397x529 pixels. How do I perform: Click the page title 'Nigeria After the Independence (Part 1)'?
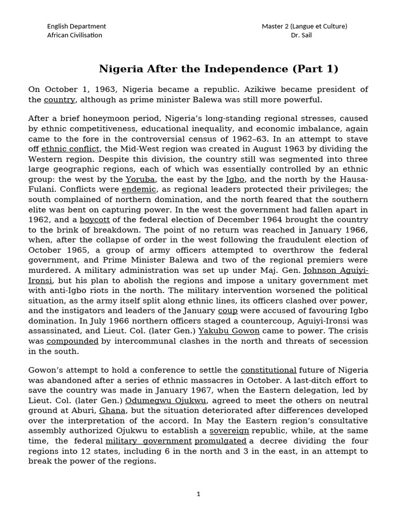(219, 69)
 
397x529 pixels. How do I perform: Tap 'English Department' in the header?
(77, 26)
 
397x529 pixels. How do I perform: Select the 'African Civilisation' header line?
(74, 35)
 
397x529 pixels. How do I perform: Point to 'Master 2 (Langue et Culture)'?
(304, 26)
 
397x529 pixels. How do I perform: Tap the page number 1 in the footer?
(198, 494)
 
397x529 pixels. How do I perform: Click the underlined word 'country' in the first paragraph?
(59, 100)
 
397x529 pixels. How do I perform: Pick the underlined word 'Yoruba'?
(140, 179)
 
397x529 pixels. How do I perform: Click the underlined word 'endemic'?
(139, 189)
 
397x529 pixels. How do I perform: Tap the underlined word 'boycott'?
(95, 219)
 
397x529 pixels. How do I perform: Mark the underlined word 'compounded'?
(72, 341)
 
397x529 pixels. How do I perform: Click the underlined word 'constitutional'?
(269, 370)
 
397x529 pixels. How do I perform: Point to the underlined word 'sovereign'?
(229, 430)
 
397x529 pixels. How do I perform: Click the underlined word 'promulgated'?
(220, 441)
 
